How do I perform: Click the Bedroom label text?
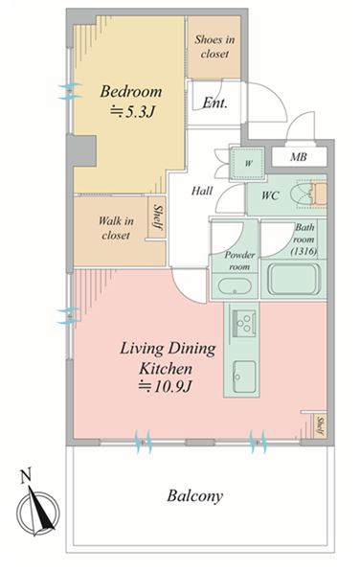pos(130,91)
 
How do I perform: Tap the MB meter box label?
pos(298,157)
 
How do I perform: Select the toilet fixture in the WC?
pos(311,194)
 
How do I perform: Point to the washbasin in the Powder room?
pos(235,285)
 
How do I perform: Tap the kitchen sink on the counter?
pos(244,377)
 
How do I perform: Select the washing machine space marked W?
pos(248,163)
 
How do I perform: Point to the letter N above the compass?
pos(26,475)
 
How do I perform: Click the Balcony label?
pos(194,496)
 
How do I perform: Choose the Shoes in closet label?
pos(214,46)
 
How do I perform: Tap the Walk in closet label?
pos(116,228)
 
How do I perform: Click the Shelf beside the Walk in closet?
pos(157,217)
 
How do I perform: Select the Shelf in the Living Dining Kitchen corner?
pos(320,425)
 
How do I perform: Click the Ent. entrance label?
pos(214,103)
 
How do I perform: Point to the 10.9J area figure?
pos(165,386)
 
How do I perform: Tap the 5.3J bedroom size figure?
pos(132,112)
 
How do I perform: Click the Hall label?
pos(202,191)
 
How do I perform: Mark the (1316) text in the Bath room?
pos(304,251)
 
